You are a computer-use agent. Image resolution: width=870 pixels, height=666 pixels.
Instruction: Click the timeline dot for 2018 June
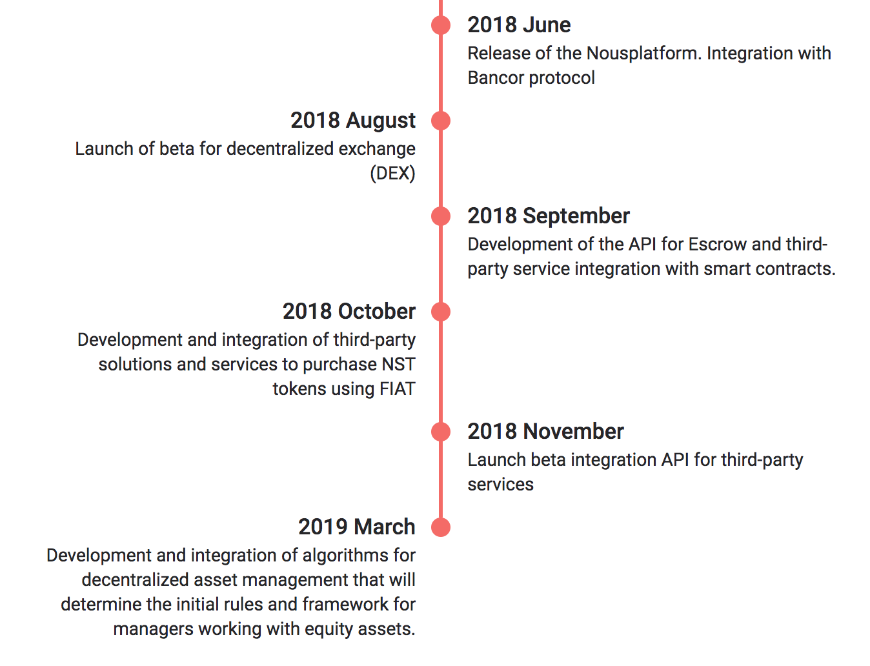point(441,25)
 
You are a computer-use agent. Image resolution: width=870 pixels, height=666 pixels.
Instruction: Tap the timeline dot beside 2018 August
point(441,121)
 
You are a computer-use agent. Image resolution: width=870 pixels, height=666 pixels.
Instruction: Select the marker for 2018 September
point(441,216)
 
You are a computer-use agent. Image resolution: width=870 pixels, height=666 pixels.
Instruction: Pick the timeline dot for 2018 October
point(441,312)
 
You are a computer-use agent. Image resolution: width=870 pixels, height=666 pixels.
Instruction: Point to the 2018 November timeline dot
point(441,432)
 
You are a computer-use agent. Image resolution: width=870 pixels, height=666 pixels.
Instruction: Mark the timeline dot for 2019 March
point(441,527)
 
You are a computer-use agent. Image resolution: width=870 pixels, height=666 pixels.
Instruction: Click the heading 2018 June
point(519,25)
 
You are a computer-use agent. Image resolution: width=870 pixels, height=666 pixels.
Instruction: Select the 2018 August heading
point(352,121)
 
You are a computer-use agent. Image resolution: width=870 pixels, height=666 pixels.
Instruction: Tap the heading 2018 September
point(548,216)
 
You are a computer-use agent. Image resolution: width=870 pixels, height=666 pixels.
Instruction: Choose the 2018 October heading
point(349,312)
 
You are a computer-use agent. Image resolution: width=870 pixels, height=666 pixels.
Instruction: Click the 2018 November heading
point(545,432)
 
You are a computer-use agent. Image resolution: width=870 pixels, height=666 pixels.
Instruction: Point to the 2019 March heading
point(356,527)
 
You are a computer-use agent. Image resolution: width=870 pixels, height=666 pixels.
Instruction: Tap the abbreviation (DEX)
point(392,174)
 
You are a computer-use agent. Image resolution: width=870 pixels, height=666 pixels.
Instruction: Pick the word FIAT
point(397,389)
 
